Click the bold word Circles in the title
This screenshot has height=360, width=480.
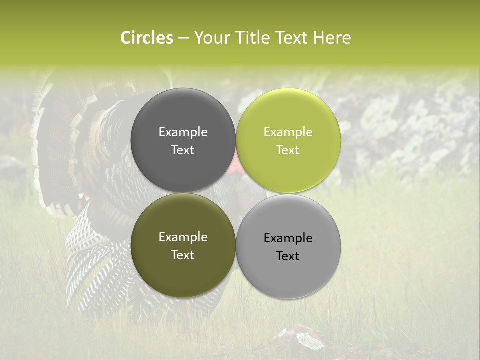point(147,38)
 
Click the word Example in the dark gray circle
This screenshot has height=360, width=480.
point(183,132)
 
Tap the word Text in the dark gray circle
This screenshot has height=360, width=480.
point(183,150)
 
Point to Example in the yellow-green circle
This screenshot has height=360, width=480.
point(288,132)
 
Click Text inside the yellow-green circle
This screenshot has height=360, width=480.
point(288,150)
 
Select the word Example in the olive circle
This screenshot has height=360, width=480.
point(183,237)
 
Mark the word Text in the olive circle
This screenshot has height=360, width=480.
point(183,255)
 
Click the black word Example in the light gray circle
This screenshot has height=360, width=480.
point(288,238)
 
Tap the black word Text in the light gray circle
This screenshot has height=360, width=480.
point(288,256)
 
